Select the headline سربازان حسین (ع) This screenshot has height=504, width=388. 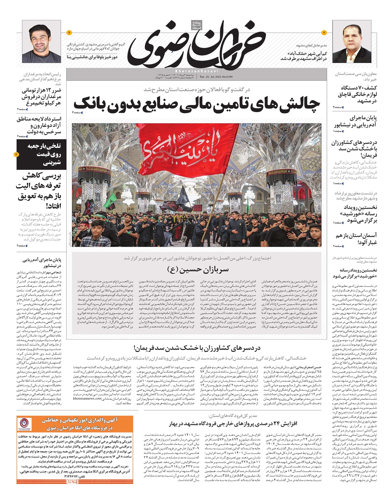[x=198, y=269]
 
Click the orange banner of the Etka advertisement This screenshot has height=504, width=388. [x=75, y=424]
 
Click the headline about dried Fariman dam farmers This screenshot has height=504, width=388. [x=197, y=348]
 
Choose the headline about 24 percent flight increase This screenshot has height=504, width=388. [x=233, y=423]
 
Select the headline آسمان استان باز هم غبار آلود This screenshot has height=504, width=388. [x=356, y=239]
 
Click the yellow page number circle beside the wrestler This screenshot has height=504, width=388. [x=69, y=33]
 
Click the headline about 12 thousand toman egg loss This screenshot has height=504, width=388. [x=41, y=97]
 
